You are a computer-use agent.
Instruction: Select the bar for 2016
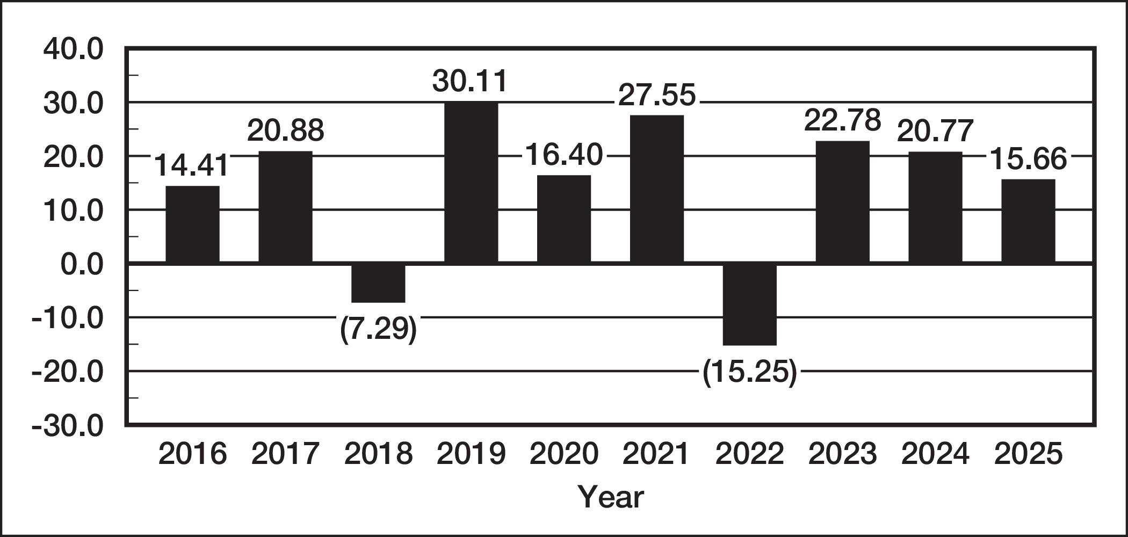click(x=192, y=224)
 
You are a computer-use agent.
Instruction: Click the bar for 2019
click(x=471, y=183)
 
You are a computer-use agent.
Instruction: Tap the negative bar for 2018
click(x=378, y=283)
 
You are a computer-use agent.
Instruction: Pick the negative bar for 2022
click(x=750, y=304)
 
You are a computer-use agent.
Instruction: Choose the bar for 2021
click(x=657, y=189)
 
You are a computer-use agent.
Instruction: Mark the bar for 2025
click(x=1028, y=221)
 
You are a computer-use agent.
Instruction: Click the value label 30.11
click(x=470, y=81)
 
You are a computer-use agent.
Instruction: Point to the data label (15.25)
click(x=750, y=372)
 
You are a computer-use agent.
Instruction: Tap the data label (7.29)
click(x=378, y=329)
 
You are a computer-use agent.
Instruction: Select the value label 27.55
click(x=657, y=95)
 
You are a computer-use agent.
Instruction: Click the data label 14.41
click(x=192, y=165)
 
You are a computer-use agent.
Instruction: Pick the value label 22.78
click(x=842, y=120)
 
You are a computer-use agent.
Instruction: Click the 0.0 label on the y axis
click(x=82, y=265)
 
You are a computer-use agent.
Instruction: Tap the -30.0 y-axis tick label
click(x=67, y=426)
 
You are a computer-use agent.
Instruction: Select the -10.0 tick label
click(x=67, y=318)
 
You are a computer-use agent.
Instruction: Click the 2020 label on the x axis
click(x=564, y=454)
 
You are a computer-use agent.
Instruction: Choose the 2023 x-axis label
click(x=842, y=454)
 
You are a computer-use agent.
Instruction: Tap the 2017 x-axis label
click(x=285, y=454)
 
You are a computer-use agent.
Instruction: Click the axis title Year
click(x=611, y=497)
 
